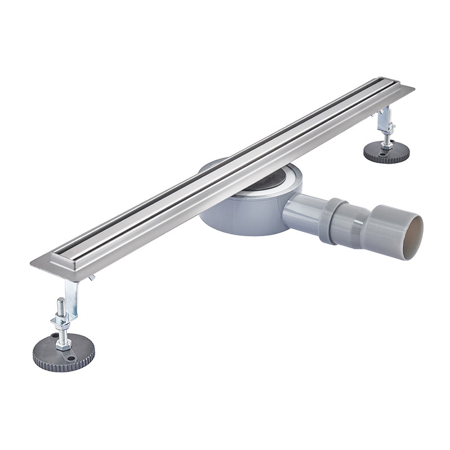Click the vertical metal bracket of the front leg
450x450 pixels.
pos(71,292)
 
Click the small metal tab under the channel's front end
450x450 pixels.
pos(91,277)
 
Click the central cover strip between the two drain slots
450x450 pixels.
pos(225,168)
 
